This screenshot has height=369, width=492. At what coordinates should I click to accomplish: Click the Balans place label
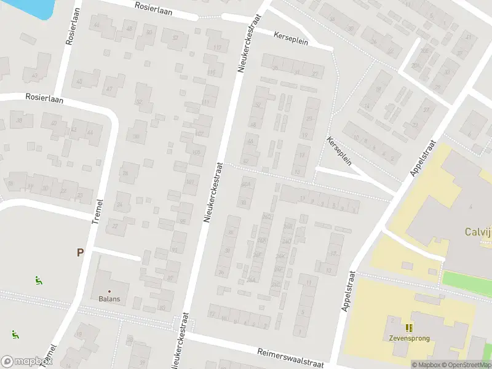110,300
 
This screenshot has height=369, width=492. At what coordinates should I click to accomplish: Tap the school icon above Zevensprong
408,327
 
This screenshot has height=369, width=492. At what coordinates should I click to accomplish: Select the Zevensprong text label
408,338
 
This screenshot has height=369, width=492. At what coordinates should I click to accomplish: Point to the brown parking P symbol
80,252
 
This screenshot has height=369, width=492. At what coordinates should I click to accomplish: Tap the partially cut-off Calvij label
477,232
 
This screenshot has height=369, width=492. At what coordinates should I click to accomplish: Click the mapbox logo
26,361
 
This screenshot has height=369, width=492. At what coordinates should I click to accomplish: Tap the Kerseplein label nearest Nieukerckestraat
292,37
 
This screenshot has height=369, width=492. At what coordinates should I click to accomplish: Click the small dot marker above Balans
110,291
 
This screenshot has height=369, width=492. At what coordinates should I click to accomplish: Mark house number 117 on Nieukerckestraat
216,48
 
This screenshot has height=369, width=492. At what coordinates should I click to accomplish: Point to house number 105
197,153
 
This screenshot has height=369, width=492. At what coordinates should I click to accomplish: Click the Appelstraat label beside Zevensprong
348,291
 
